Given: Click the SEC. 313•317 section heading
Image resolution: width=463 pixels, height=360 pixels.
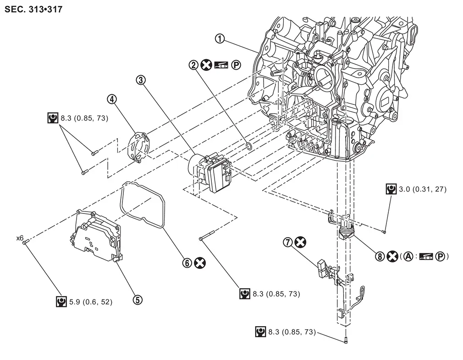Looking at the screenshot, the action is (33, 9).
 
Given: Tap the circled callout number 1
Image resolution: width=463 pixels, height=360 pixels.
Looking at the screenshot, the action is (220, 38).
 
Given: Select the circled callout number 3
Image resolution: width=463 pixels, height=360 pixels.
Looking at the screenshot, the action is (141, 80).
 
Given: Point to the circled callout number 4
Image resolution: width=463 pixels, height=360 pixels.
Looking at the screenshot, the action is (112, 99).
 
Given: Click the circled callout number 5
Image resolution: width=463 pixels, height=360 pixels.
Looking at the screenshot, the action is (138, 300).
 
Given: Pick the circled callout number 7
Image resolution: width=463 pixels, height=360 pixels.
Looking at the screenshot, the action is (287, 242).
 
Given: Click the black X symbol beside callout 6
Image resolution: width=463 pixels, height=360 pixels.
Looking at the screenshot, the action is (199, 262).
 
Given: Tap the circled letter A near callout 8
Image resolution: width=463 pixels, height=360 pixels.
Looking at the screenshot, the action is (408, 256).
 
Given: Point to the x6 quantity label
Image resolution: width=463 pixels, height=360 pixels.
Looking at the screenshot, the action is (20, 238).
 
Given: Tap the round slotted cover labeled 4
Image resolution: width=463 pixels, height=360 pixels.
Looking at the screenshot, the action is (138, 147).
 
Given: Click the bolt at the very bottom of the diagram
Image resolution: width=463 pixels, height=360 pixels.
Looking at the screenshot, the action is (346, 340).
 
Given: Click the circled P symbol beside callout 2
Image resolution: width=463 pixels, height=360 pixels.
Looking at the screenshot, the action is (236, 65).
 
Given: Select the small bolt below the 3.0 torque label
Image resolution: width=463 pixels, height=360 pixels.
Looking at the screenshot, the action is (384, 232).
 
